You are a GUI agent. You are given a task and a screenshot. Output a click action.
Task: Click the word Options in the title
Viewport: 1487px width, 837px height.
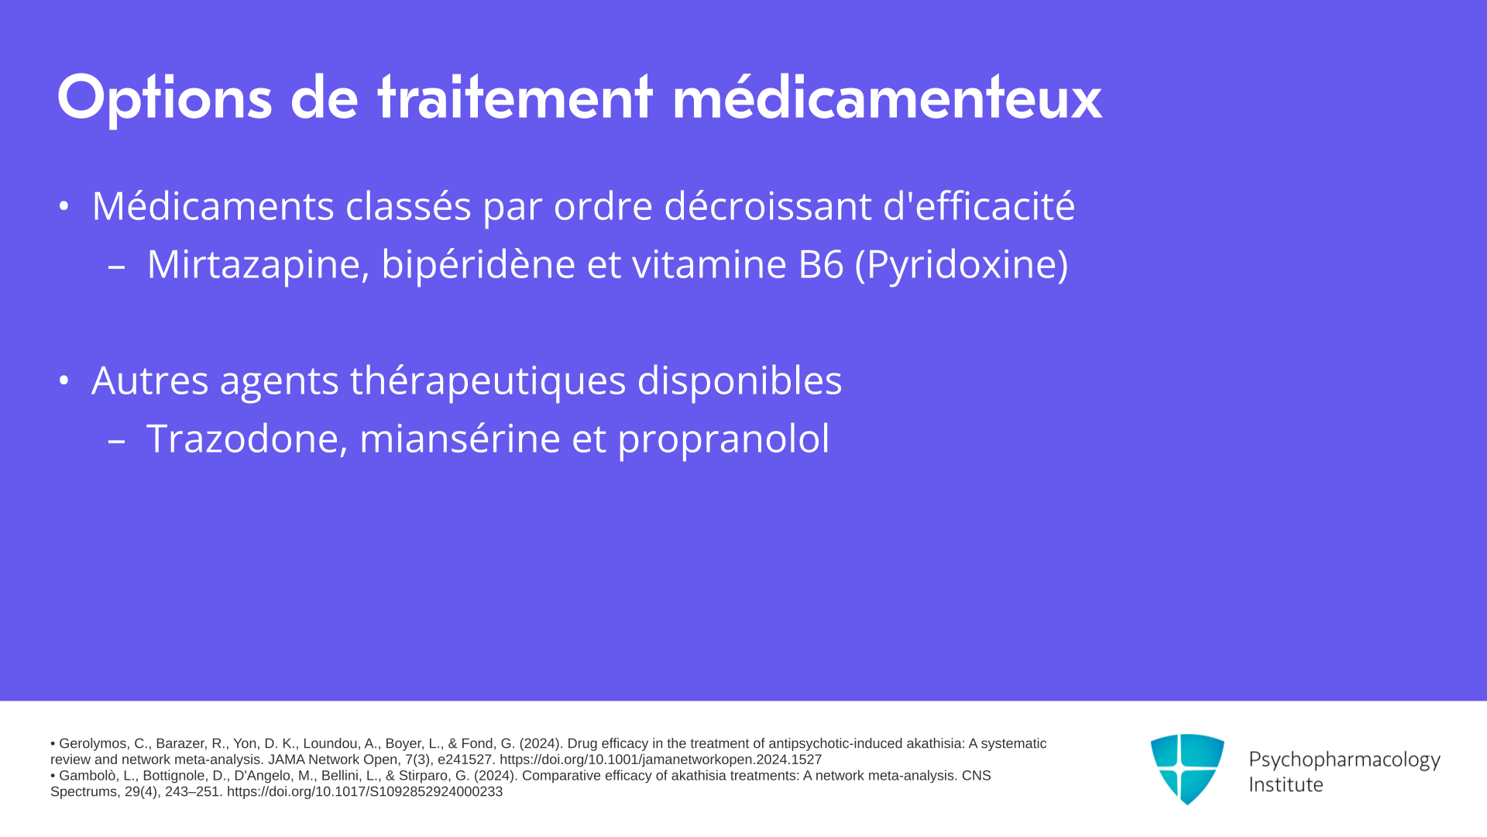[x=164, y=98]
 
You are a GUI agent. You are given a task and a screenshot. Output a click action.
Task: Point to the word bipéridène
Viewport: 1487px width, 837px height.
[x=478, y=265]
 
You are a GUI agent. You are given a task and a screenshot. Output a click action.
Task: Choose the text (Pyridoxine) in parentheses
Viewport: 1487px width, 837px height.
[x=961, y=265]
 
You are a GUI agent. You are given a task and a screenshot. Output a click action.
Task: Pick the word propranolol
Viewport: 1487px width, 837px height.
[x=723, y=439]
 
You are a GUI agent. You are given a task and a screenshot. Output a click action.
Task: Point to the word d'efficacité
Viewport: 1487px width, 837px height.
[x=979, y=206]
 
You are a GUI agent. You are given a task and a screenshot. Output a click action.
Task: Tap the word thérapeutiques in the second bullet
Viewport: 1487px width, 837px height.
[x=488, y=381]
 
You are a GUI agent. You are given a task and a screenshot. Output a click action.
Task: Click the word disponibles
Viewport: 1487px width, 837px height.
[x=740, y=381]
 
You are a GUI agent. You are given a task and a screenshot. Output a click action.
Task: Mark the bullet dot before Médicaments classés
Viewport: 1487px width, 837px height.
[x=64, y=207]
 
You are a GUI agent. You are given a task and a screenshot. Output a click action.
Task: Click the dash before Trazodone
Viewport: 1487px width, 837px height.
[x=117, y=441]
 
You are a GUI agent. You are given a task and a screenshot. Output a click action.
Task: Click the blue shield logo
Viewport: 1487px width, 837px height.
[x=1187, y=769]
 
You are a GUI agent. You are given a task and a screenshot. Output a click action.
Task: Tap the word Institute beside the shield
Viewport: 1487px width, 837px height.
[x=1286, y=784]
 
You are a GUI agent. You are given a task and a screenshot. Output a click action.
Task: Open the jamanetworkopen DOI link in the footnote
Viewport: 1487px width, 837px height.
[x=661, y=759]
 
